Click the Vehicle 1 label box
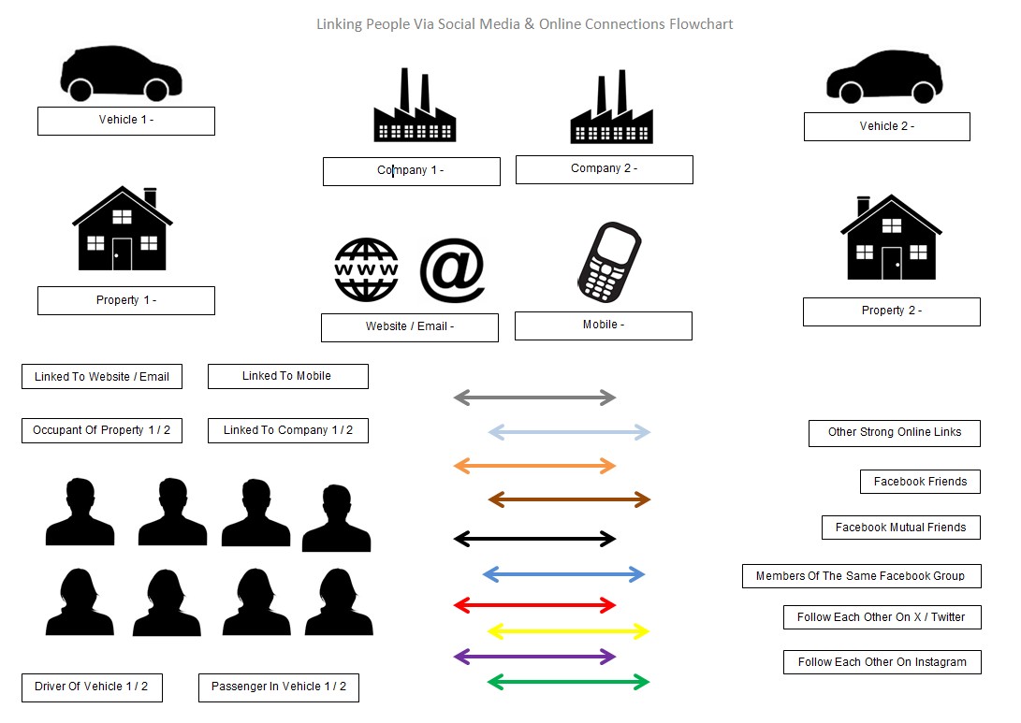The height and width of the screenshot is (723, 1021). click(126, 121)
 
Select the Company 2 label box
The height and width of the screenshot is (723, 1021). click(604, 169)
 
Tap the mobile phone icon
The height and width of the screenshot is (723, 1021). click(606, 259)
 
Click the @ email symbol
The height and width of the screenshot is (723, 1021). click(452, 270)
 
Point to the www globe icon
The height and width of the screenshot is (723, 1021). click(367, 270)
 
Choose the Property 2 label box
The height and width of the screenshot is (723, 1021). click(891, 311)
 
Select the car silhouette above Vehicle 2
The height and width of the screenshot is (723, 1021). click(883, 77)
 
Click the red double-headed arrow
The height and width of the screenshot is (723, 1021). click(534, 605)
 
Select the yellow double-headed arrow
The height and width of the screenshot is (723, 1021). click(568, 631)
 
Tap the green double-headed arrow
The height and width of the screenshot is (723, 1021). click(568, 683)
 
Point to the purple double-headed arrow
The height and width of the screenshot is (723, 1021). click(534, 657)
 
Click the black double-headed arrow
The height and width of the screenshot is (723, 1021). click(534, 539)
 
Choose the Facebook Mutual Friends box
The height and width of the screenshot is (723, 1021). click(900, 528)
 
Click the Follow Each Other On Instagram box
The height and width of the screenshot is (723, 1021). click(882, 662)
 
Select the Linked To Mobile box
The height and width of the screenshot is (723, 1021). click(287, 376)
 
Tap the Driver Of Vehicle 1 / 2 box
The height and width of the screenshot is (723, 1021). click(91, 687)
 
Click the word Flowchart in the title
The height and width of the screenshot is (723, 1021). click(701, 23)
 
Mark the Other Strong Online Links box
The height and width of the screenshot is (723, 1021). click(894, 433)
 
